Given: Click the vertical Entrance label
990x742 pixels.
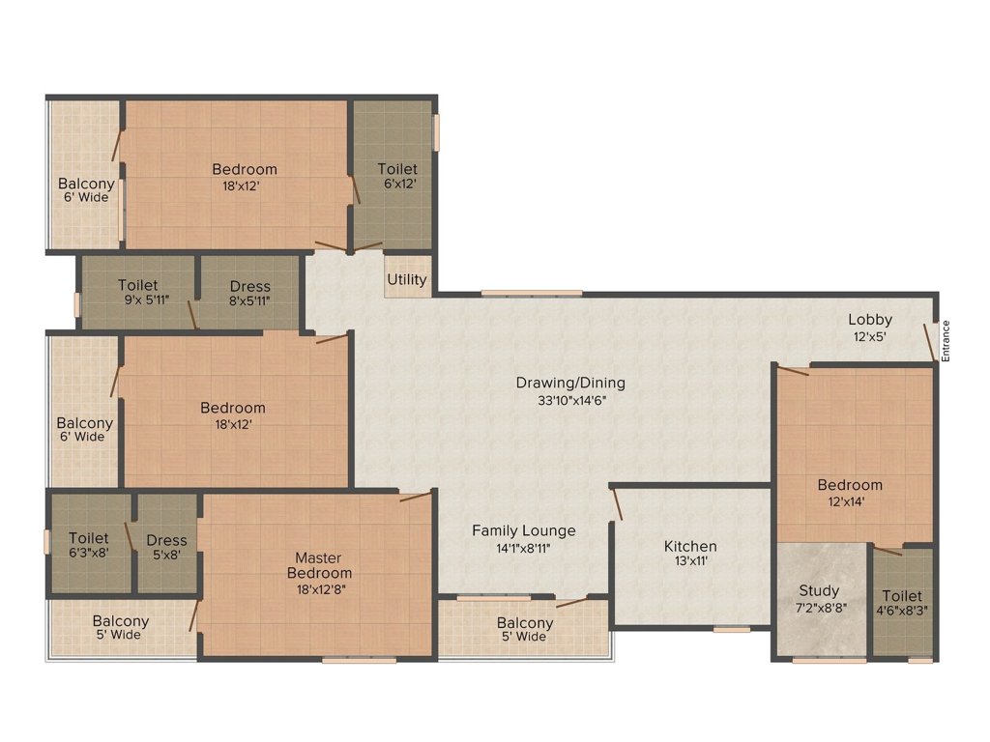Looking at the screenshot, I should coord(946,340).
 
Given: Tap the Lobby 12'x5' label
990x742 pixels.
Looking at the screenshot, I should coord(870,328).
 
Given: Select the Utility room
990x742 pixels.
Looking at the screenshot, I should coord(407,279).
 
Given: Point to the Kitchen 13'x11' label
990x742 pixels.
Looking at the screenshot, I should coord(690,553).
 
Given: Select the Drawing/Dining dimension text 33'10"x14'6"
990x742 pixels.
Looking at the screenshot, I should coord(569,399).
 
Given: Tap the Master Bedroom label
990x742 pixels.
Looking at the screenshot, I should coord(319,573).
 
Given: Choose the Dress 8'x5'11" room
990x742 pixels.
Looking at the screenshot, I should coord(249,292).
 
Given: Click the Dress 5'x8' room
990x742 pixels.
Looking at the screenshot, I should coord(166,547).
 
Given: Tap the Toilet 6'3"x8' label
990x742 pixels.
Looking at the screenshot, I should coord(89,546).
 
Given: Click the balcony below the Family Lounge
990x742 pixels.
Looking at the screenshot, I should coord(524,629).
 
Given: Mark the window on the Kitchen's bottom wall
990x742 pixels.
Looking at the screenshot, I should coord(732,629).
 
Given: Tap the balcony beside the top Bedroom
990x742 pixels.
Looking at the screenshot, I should coord(85,190).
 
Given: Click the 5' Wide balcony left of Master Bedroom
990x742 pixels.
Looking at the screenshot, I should coord(121,628).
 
